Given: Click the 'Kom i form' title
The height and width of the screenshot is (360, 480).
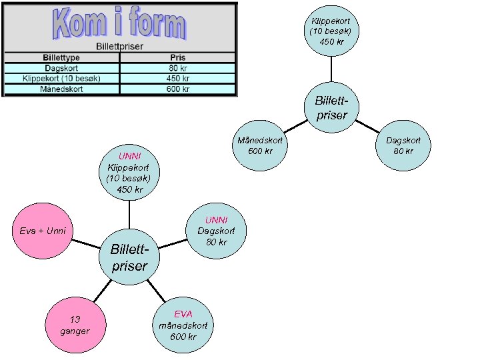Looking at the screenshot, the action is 119,24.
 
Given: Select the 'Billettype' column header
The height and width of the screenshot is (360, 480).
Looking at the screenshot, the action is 61,57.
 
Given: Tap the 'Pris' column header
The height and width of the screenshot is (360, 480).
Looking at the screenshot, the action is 177,57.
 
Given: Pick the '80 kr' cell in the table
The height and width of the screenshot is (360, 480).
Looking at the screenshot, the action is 177,67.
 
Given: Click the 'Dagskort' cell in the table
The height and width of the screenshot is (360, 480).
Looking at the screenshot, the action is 61,67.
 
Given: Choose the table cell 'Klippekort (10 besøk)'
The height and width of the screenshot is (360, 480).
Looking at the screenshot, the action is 61,78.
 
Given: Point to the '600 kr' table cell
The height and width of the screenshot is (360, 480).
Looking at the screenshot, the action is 177,89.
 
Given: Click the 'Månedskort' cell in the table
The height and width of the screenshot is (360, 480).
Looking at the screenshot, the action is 61,89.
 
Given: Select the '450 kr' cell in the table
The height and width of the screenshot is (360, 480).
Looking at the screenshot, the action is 177,78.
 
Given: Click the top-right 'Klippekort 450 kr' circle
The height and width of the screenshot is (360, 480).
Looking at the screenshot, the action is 331,31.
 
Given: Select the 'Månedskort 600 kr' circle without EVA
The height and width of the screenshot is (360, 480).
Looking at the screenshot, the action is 259,145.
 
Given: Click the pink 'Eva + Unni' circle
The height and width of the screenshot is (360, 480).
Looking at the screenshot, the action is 43,231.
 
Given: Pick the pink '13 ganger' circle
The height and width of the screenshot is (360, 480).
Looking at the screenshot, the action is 74,325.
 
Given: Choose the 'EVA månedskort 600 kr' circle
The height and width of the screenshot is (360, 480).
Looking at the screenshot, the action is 183,325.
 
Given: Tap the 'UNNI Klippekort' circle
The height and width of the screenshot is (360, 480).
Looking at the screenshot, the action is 129,173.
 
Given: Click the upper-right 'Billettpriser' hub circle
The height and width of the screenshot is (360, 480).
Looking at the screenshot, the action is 331,109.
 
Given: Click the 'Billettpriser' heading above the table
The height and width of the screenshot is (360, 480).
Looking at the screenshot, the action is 119,46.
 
